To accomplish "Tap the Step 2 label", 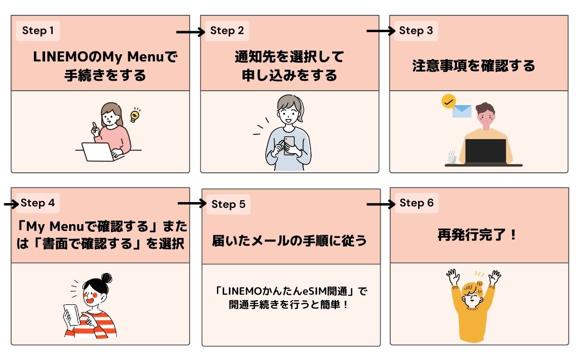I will pyautogui.click(x=227, y=31).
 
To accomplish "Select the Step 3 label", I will pyautogui.click(x=416, y=31).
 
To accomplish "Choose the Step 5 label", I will pyautogui.click(x=228, y=204).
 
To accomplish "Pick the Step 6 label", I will pyautogui.click(x=416, y=203).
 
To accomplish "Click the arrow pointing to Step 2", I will pyautogui.click(x=191, y=32).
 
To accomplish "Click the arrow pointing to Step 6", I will pyautogui.click(x=381, y=204).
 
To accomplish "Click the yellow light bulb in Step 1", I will pyautogui.click(x=135, y=115).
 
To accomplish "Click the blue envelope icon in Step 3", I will pyautogui.click(x=462, y=111).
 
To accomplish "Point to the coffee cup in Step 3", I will pyautogui.click(x=452, y=157).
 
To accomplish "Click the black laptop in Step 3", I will pyautogui.click(x=485, y=151).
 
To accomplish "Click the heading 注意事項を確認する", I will pyautogui.click(x=473, y=66).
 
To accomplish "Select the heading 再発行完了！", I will pyautogui.click(x=477, y=235).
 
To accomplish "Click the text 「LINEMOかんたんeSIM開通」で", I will pyautogui.click(x=291, y=291).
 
